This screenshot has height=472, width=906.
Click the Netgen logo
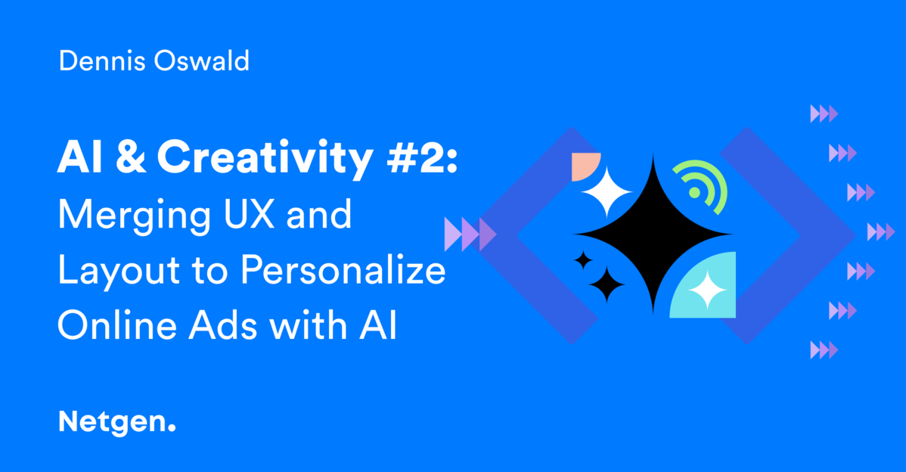[x=116, y=421]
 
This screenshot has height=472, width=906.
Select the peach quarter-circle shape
[x=584, y=166]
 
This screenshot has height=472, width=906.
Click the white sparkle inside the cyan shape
[x=708, y=290]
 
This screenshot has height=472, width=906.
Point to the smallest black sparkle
[x=582, y=260]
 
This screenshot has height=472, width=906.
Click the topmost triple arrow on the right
[x=824, y=114]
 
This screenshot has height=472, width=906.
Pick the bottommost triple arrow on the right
[x=824, y=349]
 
